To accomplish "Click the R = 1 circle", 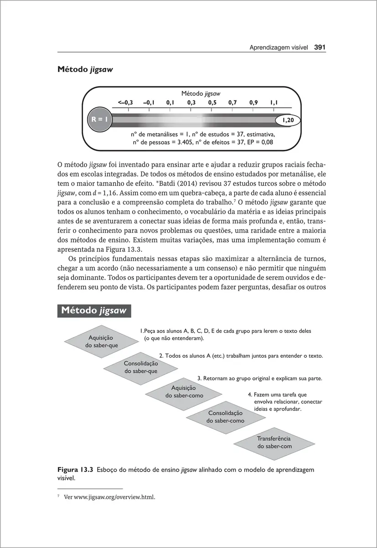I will (x=99, y=120).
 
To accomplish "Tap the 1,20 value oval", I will (x=288, y=120).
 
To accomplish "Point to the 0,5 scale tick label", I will (x=212, y=103).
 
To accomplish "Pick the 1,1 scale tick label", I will (x=274, y=103).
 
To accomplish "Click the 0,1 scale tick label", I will (x=170, y=103).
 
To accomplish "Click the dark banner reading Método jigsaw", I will (x=95, y=311).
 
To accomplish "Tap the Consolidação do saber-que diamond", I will (x=141, y=367).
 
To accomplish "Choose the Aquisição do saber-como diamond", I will (x=184, y=392).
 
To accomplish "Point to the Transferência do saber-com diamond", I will (x=274, y=442).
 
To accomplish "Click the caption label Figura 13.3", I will (x=76, y=469).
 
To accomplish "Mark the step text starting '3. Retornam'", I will (x=259, y=379).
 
